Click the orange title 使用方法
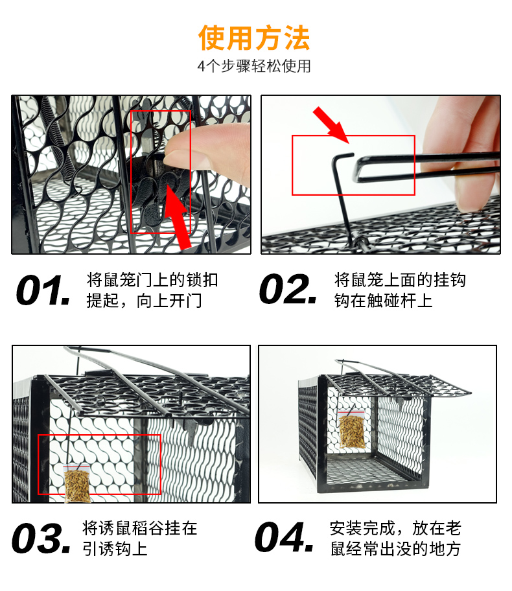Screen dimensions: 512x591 [254, 38]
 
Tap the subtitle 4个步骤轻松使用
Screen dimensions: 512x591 [254, 66]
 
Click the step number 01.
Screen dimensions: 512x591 [43, 290]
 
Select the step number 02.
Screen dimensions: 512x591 [288, 289]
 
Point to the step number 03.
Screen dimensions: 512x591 [41, 538]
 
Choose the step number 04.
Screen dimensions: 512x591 [285, 537]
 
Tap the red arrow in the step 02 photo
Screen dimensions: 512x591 [331, 125]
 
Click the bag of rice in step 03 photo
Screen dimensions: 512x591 [77, 483]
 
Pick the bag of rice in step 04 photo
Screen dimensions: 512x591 [351, 429]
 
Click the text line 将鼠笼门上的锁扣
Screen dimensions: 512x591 [152, 280]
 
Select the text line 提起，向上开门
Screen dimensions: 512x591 [144, 301]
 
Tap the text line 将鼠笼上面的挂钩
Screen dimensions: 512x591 [400, 280]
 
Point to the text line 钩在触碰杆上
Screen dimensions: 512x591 [384, 301]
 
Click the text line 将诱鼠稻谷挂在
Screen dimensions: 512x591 [140, 528]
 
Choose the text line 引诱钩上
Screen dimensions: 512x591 [115, 549]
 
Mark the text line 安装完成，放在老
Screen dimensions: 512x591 [395, 528]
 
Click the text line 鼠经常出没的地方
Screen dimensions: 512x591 [395, 549]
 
